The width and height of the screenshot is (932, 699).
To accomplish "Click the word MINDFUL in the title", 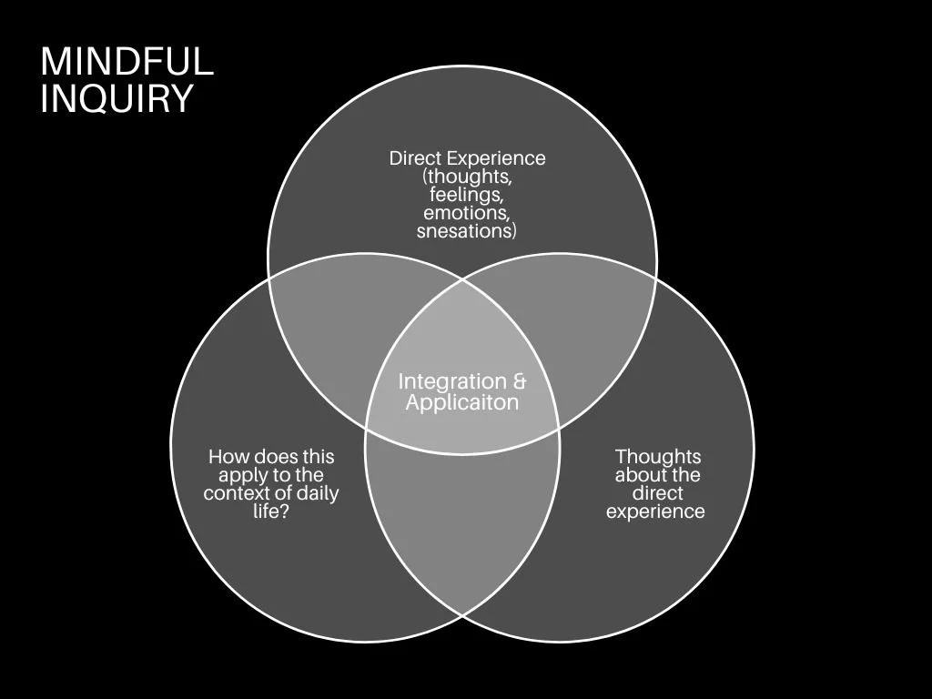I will (x=127, y=62).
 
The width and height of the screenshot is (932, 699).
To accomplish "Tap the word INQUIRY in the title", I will (x=116, y=98).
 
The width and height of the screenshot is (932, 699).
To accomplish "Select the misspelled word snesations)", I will (x=467, y=230).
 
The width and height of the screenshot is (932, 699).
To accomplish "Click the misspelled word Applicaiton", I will (x=462, y=402).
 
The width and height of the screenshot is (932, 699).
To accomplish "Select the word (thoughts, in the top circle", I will (x=467, y=176).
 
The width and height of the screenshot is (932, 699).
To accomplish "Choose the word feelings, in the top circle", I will (x=467, y=194).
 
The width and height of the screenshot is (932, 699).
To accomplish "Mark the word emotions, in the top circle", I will (x=467, y=212).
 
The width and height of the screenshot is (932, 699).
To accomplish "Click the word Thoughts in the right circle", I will (x=657, y=456).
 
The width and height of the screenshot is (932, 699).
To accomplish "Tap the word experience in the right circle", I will (x=655, y=512).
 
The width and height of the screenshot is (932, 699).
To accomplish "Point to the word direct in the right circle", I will (x=657, y=493).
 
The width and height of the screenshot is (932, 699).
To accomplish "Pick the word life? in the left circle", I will (x=271, y=512).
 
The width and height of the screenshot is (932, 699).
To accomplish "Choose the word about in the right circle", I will (x=641, y=475).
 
